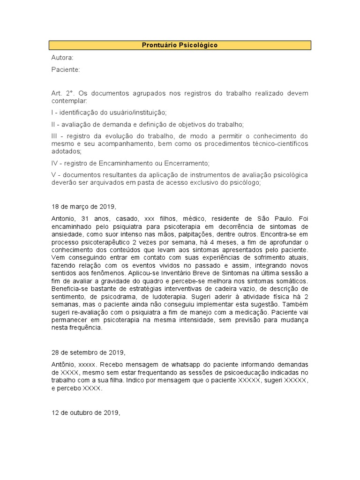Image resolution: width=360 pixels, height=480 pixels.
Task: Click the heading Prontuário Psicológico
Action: pos(180,45)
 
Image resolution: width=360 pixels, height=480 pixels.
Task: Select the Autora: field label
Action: pos(62,58)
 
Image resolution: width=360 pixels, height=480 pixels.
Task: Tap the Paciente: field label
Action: pos(66,69)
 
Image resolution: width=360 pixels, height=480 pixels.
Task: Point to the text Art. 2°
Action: pos(63,93)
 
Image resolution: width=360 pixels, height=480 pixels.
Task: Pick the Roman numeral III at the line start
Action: pos(55,136)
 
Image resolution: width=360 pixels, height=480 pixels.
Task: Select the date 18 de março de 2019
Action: pos(83,206)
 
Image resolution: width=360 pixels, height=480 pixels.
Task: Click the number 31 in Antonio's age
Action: pos(85,218)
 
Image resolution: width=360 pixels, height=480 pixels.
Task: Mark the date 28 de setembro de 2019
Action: pos(88,352)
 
